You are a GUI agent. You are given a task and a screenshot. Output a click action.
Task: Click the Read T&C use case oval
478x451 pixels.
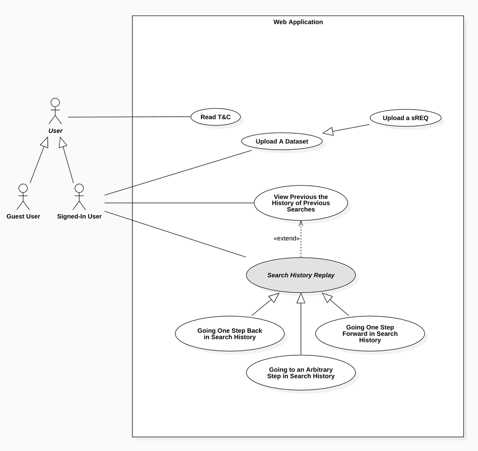[x=215, y=117]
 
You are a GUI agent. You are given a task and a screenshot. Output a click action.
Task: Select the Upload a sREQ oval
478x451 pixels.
[x=405, y=118]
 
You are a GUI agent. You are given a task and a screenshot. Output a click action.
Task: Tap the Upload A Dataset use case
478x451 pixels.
[x=282, y=142]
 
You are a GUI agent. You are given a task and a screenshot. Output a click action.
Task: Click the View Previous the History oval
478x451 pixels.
[x=300, y=203]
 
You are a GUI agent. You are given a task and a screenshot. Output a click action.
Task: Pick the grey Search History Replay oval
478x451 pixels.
[x=300, y=275]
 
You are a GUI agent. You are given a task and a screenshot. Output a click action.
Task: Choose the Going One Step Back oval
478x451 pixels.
[x=230, y=334]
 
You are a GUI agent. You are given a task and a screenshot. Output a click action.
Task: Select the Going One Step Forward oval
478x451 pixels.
[x=370, y=334]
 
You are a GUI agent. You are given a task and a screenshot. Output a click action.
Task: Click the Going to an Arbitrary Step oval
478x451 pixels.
[x=300, y=373]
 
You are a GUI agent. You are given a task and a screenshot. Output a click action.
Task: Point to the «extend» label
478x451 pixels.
[x=287, y=238]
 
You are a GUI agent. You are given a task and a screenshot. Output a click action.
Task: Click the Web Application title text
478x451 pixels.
[x=298, y=22]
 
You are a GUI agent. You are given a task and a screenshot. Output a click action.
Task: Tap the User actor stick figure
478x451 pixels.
[x=55, y=110]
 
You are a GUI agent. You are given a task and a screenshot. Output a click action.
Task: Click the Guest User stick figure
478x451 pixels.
[x=23, y=197]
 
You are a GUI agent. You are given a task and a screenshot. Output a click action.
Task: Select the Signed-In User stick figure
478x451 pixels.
[x=79, y=197]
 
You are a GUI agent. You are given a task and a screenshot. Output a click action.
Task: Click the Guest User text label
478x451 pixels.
[x=23, y=216]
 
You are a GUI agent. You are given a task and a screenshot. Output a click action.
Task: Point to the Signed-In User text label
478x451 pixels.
[x=79, y=216]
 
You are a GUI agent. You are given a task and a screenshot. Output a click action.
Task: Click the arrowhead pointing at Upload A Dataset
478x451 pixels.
[x=328, y=132]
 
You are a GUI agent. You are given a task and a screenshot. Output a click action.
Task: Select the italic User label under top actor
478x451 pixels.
[x=55, y=131]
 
